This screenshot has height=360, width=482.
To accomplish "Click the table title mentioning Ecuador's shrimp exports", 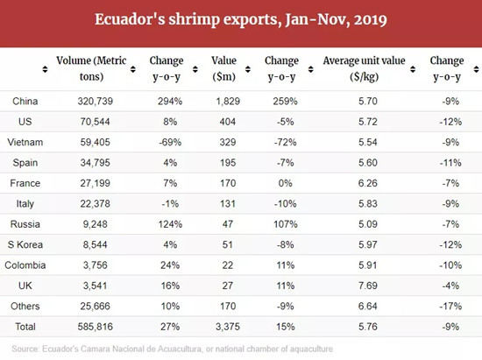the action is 241,19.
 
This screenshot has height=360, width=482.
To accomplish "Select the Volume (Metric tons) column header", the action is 91,68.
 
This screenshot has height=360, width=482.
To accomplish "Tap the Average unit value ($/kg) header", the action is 364,68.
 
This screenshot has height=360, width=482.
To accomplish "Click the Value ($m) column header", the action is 223,68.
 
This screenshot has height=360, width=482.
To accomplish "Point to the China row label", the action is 25,101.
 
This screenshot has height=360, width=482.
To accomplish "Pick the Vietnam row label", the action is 25,142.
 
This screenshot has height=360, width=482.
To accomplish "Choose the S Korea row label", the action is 25,244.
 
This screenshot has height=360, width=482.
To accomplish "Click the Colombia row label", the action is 25,265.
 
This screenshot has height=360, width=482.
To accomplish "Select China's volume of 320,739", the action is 96,101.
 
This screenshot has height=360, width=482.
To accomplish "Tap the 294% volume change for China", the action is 170,101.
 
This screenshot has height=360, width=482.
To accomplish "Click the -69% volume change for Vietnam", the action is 170,142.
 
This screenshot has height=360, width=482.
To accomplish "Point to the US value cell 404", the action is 228,122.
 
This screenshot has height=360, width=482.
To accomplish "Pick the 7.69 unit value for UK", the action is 368,286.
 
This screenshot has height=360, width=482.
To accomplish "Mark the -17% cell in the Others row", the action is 450,307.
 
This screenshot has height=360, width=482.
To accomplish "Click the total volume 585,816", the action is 96,327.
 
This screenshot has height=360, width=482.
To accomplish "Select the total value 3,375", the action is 228,327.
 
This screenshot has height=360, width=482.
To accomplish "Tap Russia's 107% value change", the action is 286,224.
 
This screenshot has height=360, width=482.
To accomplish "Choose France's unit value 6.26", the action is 368,183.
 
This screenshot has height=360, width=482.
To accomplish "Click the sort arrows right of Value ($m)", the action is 248,69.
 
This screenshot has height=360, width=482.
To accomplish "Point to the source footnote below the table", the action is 172,349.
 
